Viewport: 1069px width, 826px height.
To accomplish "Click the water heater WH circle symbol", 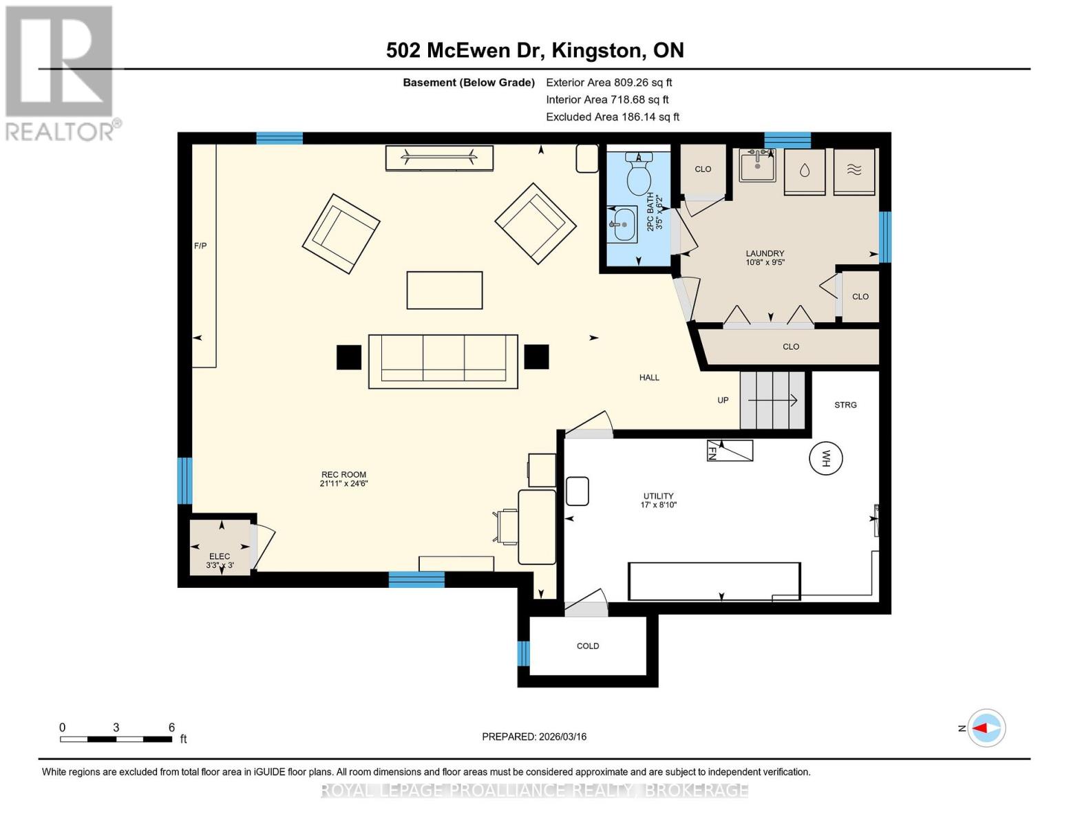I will (x=825, y=458).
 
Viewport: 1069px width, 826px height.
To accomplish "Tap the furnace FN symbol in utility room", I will (x=730, y=450).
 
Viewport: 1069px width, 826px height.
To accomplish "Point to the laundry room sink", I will (x=757, y=165).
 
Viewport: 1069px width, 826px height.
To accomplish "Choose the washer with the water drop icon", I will (x=804, y=171).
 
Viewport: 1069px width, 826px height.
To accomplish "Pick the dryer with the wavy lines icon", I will (x=854, y=171).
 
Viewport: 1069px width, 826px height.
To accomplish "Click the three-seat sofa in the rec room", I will (x=443, y=361).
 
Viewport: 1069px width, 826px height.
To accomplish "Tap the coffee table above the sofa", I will (x=444, y=290).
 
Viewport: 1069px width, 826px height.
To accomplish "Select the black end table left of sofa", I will (x=348, y=357).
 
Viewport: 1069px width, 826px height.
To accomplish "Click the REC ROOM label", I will (x=343, y=474).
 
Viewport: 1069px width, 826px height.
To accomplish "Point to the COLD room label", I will (x=587, y=646).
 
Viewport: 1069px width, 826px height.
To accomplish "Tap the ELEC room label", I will (x=220, y=556).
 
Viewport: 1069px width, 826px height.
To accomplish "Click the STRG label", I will (x=845, y=405).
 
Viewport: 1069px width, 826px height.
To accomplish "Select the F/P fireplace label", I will (x=200, y=246).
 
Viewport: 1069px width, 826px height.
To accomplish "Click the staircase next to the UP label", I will (x=772, y=400).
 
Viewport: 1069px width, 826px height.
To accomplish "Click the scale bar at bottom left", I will (x=116, y=739).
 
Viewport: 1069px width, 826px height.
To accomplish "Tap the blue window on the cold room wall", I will (x=523, y=653).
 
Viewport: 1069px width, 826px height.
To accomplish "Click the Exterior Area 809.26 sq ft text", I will (x=608, y=82).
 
